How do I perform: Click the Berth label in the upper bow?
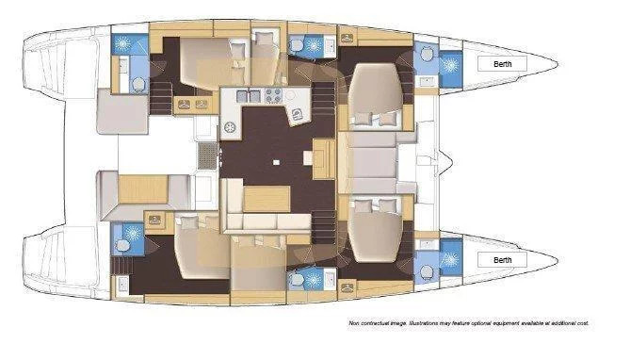point(502,64)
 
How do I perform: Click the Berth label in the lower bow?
point(502,260)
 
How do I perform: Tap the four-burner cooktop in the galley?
point(273,96)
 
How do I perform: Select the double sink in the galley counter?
point(249,96)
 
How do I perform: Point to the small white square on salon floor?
point(276,162)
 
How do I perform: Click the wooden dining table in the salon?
point(267,199)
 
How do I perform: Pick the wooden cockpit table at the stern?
point(143,189)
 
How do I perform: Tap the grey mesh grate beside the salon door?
point(207,155)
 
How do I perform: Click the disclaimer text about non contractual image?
point(468,323)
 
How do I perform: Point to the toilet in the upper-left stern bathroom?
point(138,85)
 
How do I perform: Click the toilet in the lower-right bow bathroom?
point(427,272)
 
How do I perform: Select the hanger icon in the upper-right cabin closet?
point(347,39)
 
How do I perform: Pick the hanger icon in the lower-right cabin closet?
point(347,287)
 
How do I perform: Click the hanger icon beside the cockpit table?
point(154,220)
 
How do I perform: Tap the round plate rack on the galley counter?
point(230,128)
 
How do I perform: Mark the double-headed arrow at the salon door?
point(220,156)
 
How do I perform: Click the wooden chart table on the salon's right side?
point(324,158)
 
